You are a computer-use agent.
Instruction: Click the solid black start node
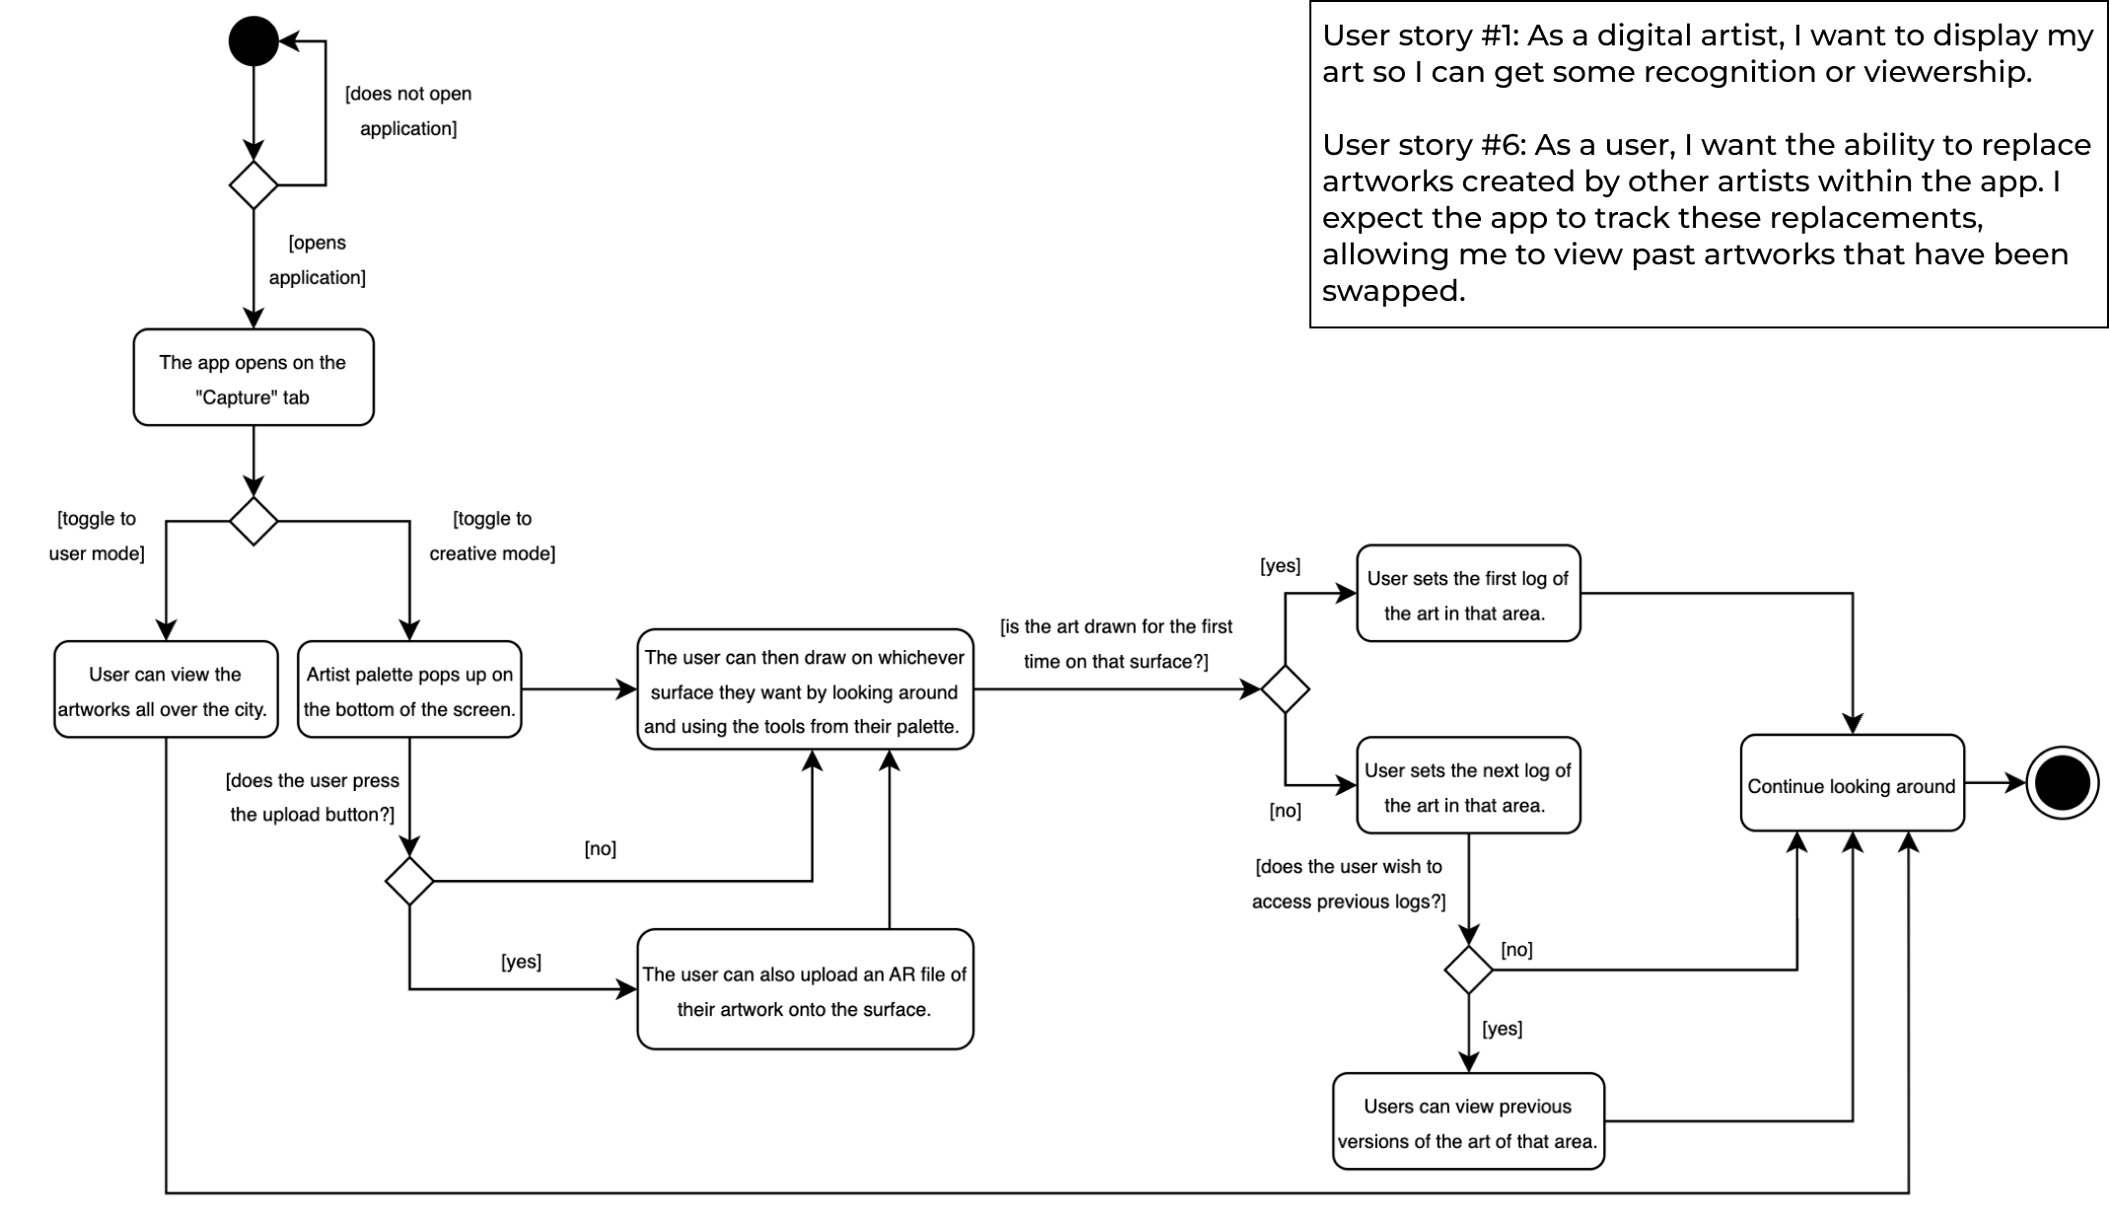pos(253,41)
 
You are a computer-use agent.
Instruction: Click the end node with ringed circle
pos(2062,784)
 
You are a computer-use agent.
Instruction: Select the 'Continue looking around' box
pos(1852,784)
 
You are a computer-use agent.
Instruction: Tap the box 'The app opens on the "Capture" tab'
pos(253,378)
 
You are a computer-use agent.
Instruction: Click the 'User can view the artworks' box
pos(166,689)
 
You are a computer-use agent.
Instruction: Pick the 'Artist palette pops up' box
pos(409,689)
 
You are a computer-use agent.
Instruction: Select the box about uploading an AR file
pos(805,989)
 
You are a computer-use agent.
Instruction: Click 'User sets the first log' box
pos(1467,594)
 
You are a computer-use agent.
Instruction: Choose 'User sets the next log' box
pos(1467,786)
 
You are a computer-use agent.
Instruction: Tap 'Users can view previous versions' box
pos(1467,1121)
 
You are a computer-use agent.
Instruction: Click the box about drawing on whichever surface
pos(805,689)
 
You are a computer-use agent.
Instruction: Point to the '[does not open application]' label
pos(408,110)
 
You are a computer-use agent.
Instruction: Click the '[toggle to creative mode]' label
pos(492,536)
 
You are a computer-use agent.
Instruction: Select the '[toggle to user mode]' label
pos(97,536)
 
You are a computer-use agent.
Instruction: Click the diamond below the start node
pos(253,184)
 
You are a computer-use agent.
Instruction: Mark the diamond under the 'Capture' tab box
pos(253,521)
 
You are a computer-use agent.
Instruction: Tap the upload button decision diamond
pos(409,881)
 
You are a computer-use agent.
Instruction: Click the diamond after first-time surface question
pos(1285,689)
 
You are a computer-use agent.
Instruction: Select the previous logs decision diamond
pos(1468,970)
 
